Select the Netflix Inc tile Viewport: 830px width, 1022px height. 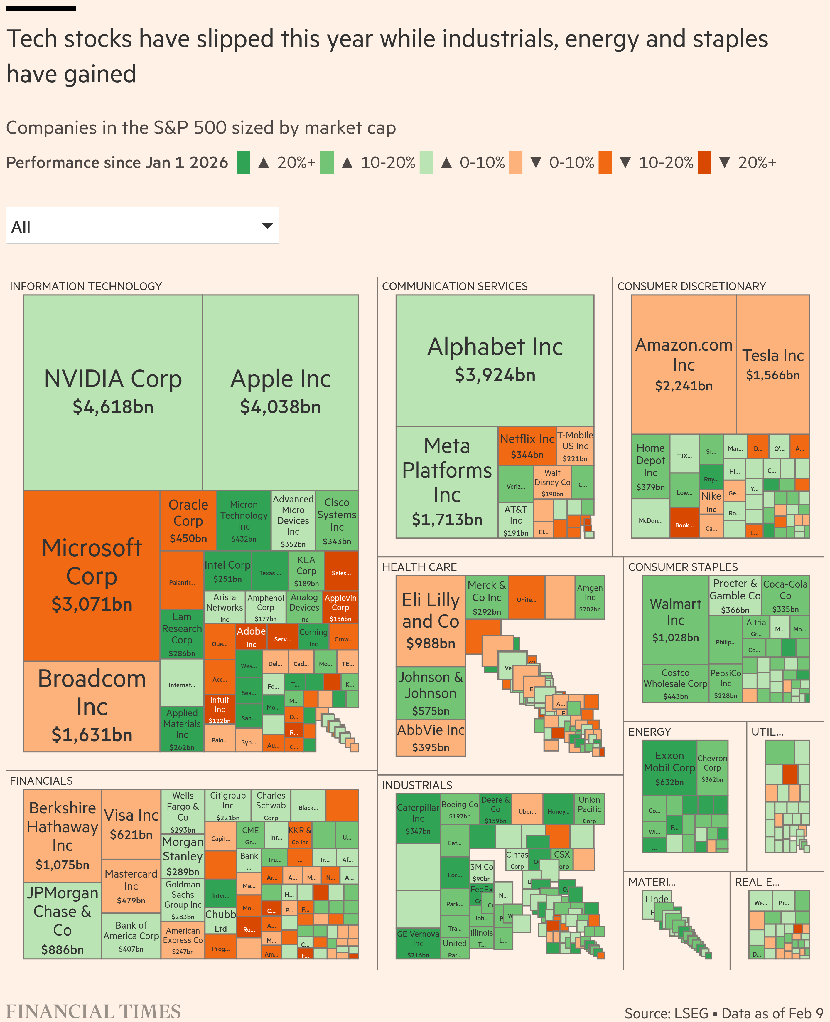pyautogui.click(x=527, y=446)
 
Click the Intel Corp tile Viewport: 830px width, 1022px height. pyautogui.click(x=227, y=571)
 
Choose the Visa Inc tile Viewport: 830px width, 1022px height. pyautogui.click(x=131, y=824)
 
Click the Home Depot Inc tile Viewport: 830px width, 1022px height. pyautogui.click(x=650, y=466)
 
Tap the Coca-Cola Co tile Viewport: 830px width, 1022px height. pyautogui.click(x=785, y=595)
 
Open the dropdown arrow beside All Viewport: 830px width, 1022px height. pyautogui.click(x=268, y=226)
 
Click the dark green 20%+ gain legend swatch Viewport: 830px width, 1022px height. pyautogui.click(x=243, y=162)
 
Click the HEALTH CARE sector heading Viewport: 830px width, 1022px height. pyautogui.click(x=419, y=567)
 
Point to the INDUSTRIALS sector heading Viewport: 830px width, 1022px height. pyautogui.click(x=417, y=785)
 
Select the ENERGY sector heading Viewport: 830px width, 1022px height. pyautogui.click(x=649, y=732)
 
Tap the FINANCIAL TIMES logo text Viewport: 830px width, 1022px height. pyautogui.click(x=93, y=1011)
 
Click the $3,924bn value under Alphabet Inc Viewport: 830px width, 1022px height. pyautogui.click(x=495, y=375)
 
